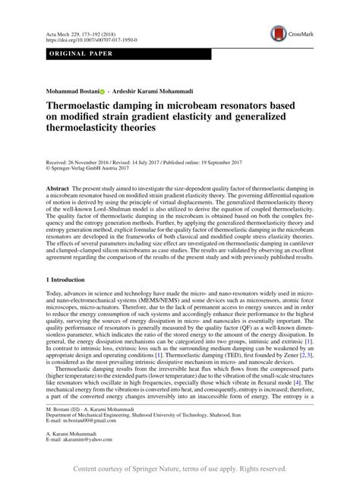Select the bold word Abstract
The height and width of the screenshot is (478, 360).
tap(58, 187)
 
